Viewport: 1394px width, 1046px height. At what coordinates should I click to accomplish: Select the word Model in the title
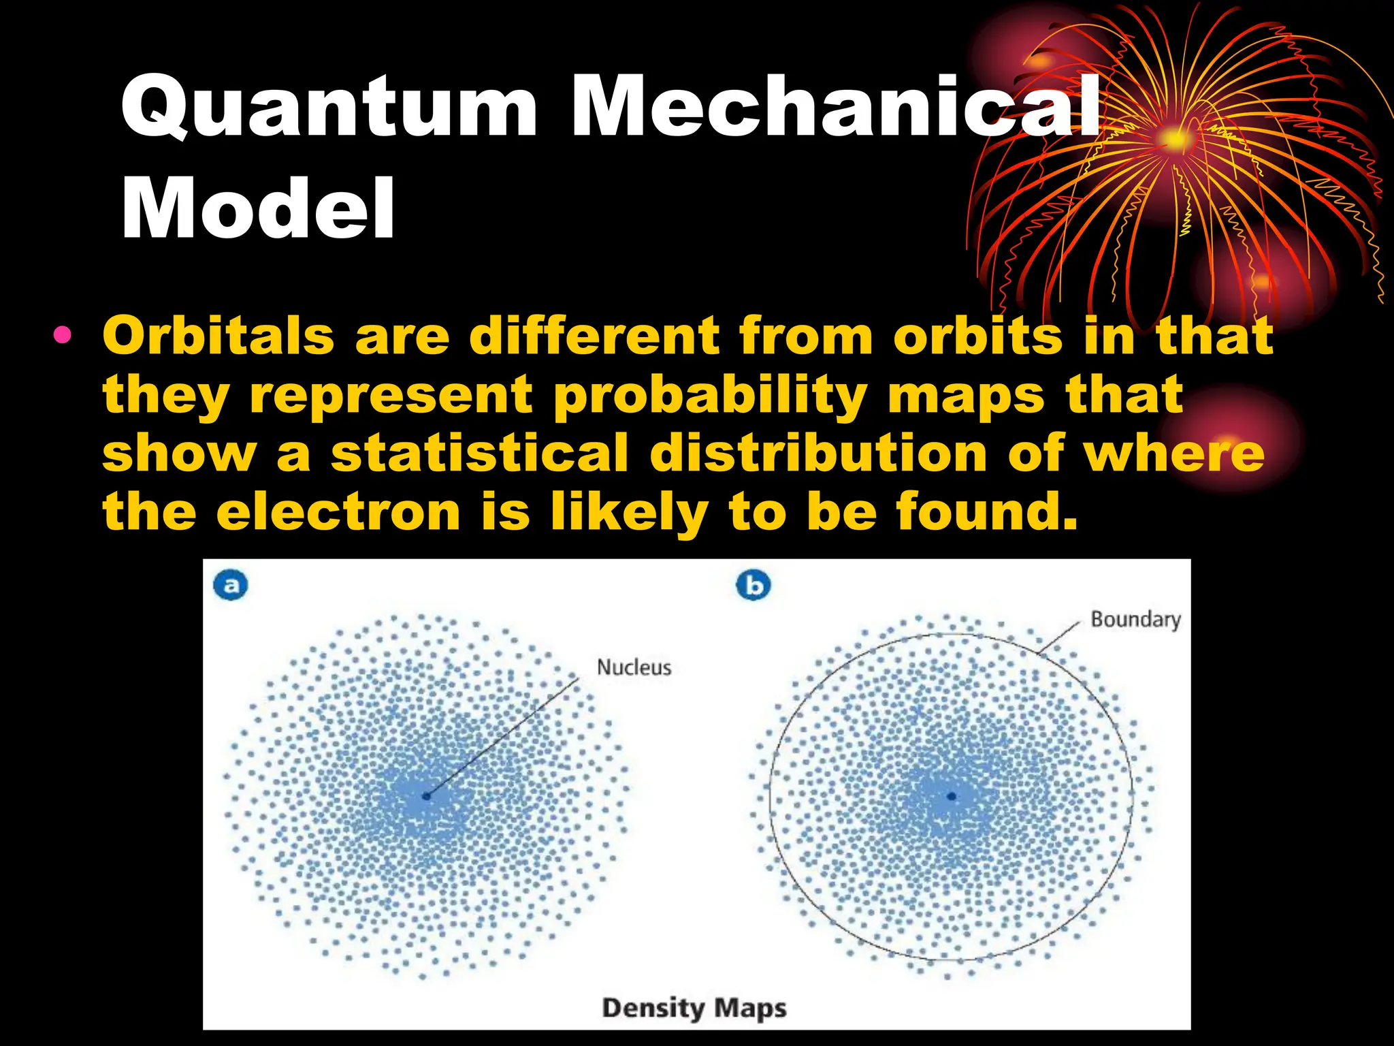[x=258, y=208]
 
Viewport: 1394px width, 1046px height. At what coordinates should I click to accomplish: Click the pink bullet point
[x=63, y=335]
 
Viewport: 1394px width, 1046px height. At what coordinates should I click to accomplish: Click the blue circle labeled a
[x=231, y=586]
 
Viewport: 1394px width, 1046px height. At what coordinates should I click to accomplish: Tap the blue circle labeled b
[x=753, y=586]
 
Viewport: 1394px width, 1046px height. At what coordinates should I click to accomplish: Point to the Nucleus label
[x=634, y=667]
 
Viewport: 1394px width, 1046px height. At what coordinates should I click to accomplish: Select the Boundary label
[x=1135, y=620]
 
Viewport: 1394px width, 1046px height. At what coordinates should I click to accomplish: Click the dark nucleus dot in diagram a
[x=427, y=795]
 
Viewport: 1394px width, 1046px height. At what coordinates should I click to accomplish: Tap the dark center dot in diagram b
[x=952, y=795]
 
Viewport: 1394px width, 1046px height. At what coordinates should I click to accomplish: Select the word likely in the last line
[x=630, y=512]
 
